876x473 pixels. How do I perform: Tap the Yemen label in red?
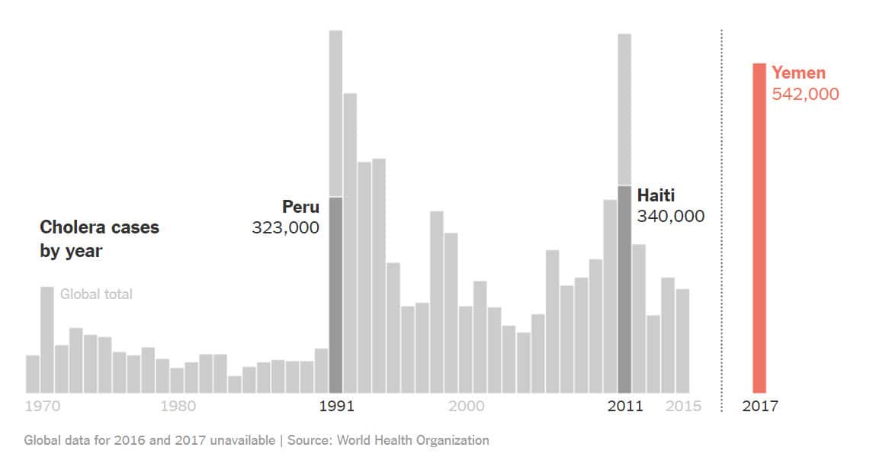pos(798,73)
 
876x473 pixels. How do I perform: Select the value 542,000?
pos(805,94)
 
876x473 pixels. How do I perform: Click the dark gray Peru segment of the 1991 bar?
pos(335,294)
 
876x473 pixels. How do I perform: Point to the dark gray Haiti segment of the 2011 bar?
pos(624,289)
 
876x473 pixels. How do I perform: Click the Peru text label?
pos(300,207)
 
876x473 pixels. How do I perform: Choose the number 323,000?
pos(286,227)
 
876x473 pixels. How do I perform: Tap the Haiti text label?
pos(656,195)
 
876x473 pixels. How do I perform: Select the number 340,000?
pos(671,217)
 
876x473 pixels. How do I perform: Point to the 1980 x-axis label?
pos(178,406)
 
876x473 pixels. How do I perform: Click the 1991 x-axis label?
pos(336,406)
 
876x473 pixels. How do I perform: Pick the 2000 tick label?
pos(466,406)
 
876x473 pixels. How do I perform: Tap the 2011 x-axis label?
pos(625,406)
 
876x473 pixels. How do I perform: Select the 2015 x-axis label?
pos(683,406)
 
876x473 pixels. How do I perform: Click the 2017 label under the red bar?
pos(760,406)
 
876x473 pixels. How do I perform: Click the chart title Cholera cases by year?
pos(99,239)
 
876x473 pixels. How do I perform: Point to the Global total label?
pos(96,294)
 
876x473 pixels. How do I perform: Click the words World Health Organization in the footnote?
pos(412,440)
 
